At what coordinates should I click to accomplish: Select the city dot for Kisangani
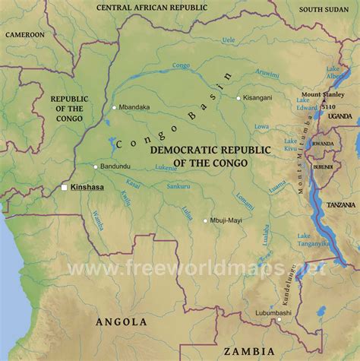coord(238,98)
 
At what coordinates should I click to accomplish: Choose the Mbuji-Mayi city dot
coord(205,221)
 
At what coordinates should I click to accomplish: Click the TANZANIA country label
coord(338,184)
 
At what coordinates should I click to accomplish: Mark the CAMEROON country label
coord(25,34)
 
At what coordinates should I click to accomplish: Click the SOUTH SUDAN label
coord(323,10)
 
